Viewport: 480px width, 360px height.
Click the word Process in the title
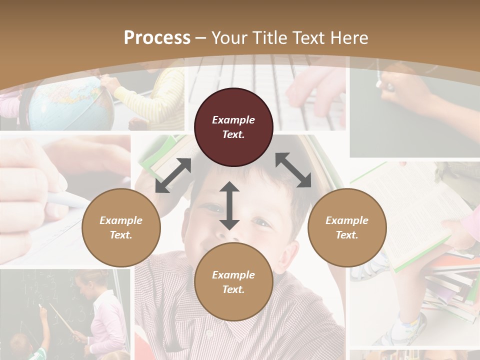click(x=157, y=37)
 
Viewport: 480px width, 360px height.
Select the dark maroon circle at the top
click(x=233, y=127)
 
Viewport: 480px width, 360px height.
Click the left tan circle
click(x=121, y=227)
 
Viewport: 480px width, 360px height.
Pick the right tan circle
click(x=347, y=227)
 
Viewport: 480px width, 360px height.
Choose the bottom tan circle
click(x=233, y=282)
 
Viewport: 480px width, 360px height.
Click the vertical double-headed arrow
click(x=229, y=205)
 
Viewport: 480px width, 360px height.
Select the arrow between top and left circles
click(x=173, y=175)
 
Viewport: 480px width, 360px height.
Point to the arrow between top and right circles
click(x=293, y=170)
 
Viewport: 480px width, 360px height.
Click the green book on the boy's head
click(x=160, y=155)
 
